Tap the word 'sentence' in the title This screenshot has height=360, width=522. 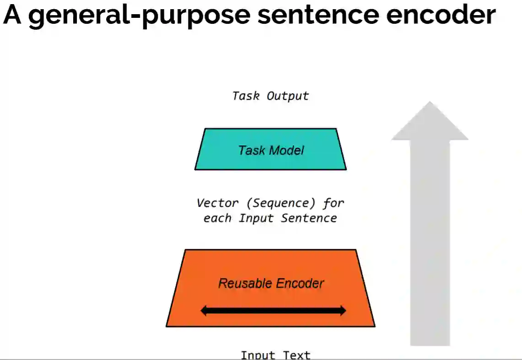click(x=318, y=15)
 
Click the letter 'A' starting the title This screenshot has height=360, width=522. click(x=12, y=15)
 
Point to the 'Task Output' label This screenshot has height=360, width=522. click(x=270, y=96)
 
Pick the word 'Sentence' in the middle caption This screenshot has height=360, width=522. click(x=309, y=218)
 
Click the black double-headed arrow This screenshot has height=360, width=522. click(x=273, y=311)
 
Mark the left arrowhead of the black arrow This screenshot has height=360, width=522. click(x=205, y=311)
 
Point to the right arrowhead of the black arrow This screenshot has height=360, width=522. click(x=341, y=311)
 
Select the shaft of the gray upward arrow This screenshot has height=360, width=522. click(x=430, y=242)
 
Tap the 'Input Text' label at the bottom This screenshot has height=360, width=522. click(x=275, y=355)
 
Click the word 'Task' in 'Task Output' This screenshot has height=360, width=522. click(x=246, y=96)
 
